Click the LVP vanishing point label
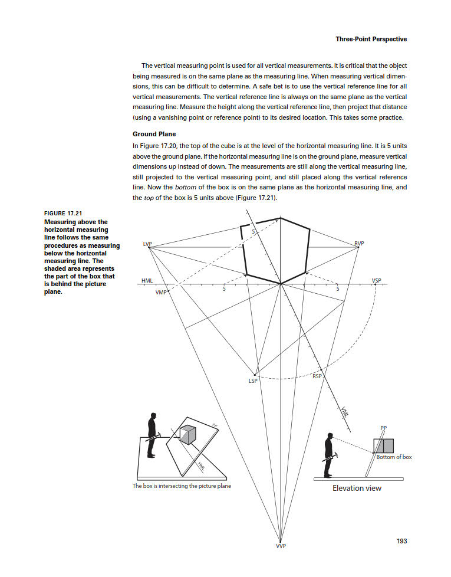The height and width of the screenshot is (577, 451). pos(147,243)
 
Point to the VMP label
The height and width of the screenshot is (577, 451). pos(160,293)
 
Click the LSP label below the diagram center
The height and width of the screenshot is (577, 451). pos(253,381)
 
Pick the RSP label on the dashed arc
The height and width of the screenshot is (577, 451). pos(317,376)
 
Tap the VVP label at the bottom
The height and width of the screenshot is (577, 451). pos(281,546)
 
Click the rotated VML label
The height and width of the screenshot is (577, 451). pos(345,412)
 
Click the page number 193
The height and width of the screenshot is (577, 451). pos(401,540)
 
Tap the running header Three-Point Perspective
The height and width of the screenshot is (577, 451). pos(371,40)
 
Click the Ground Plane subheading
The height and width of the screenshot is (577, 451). pos(154,134)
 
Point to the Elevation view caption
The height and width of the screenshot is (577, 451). pos(357,488)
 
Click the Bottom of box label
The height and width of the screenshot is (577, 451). pos(394,457)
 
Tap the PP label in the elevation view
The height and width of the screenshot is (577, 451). pos(383,428)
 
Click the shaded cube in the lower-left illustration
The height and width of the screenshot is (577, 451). pos(188,435)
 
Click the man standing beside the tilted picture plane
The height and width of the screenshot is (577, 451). pos(152,435)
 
